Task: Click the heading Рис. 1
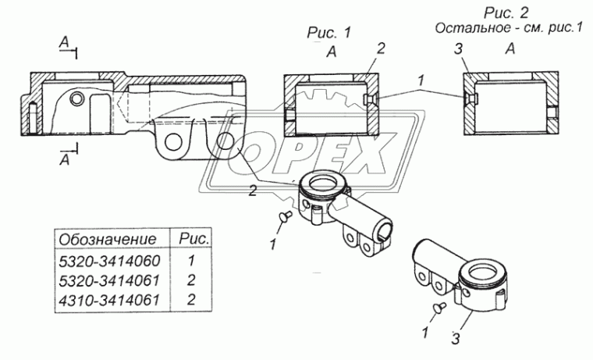click(x=329, y=33)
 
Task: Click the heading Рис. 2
click(x=506, y=12)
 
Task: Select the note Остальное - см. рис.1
click(x=509, y=28)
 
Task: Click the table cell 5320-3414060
click(x=110, y=261)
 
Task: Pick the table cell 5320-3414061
click(x=110, y=280)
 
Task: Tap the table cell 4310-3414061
click(x=110, y=300)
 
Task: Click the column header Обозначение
click(x=108, y=239)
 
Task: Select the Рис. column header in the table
click(x=194, y=238)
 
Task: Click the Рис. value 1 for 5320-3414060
click(x=191, y=261)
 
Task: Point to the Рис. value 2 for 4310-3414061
click(x=191, y=299)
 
